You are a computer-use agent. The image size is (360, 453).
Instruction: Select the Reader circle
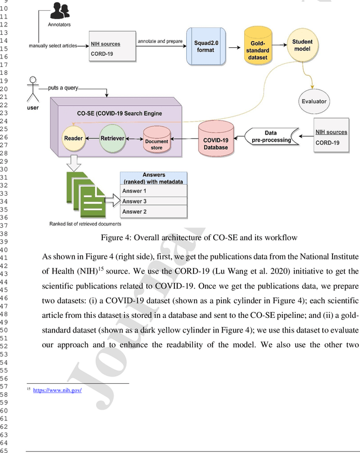click(74, 137)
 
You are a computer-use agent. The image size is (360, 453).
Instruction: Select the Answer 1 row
click(154, 191)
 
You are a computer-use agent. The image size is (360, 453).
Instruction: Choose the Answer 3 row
click(154, 201)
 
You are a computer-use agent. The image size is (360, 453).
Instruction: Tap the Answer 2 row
click(154, 212)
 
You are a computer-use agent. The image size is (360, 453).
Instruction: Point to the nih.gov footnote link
click(57, 390)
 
